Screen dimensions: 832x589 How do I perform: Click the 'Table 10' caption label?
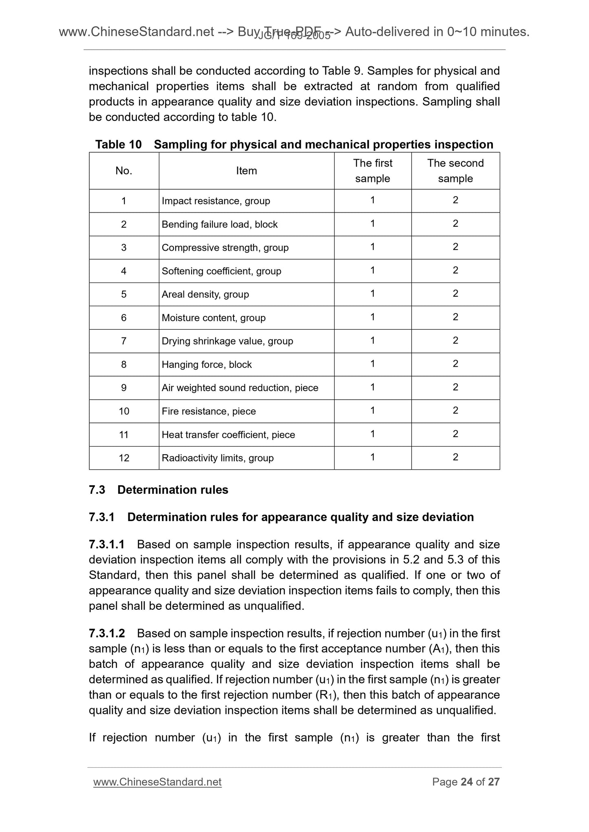118,145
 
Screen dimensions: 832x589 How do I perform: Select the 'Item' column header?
246,171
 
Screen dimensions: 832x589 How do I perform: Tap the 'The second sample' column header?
455,171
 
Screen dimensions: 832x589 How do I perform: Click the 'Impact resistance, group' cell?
216,201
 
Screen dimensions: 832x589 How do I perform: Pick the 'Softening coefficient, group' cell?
221,271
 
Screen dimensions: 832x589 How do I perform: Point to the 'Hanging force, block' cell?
206,365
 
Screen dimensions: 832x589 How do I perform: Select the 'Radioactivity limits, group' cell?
217,458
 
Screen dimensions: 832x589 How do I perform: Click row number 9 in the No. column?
124,388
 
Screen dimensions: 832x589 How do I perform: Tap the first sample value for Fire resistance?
373,411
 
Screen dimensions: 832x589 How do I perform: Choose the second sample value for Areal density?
455,294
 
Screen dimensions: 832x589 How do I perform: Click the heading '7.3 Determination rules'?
159,490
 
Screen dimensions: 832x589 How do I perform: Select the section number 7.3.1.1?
107,544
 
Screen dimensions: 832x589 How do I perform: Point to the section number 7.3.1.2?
107,633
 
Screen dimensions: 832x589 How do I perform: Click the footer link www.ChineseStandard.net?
157,782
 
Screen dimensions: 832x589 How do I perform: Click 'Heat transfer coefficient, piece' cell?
228,435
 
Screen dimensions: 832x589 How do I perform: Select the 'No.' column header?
124,171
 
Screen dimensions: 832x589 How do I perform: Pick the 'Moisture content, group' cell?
213,318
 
